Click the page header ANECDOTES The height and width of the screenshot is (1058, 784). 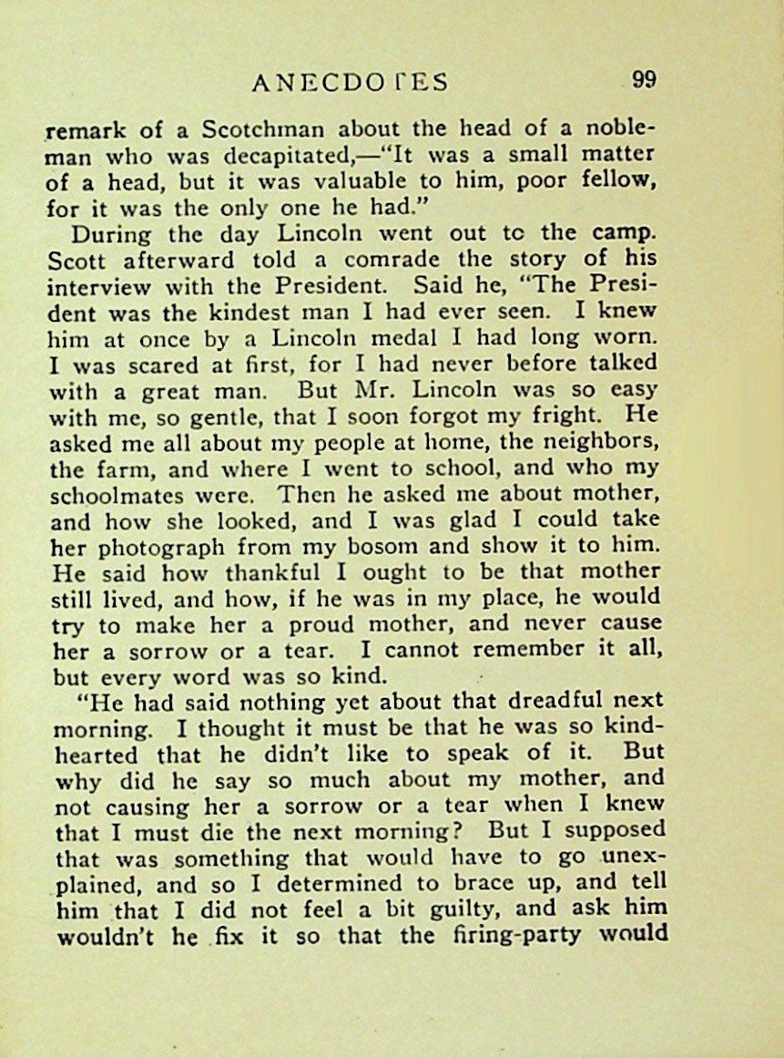click(x=350, y=83)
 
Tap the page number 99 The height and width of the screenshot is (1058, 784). click(x=644, y=79)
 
